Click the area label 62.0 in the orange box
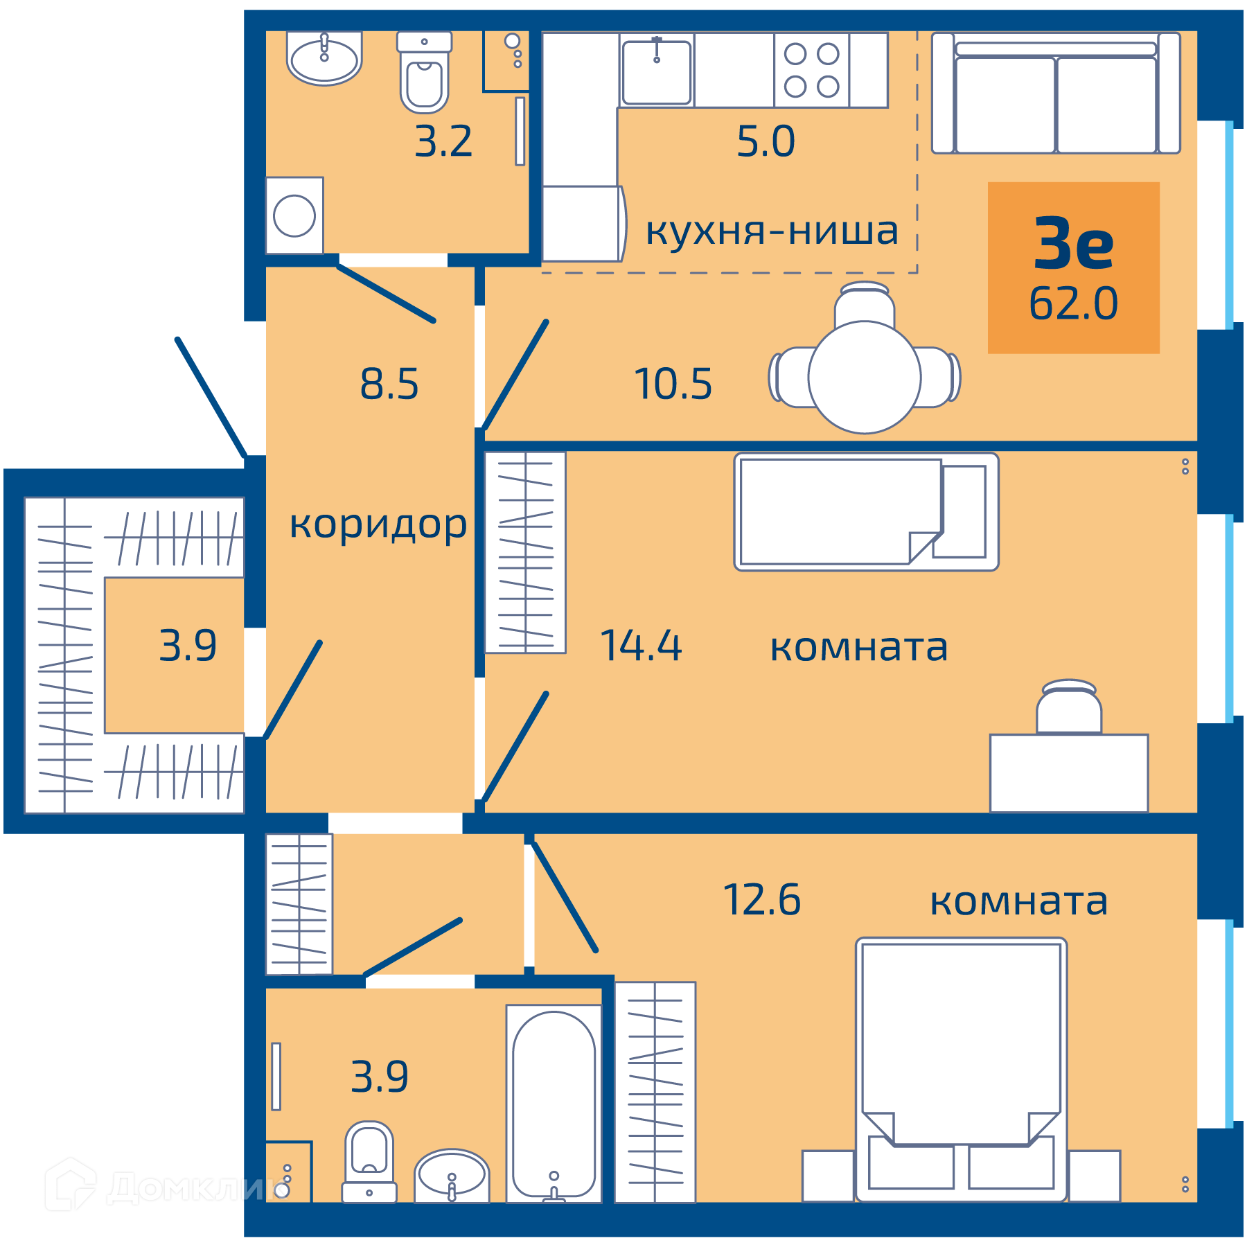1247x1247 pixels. click(1073, 303)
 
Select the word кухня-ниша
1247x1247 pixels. click(772, 231)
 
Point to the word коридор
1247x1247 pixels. click(378, 525)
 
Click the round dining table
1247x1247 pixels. click(865, 378)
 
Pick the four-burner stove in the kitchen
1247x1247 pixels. click(811, 70)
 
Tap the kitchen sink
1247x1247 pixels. click(657, 72)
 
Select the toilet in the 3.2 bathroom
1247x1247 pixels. click(424, 72)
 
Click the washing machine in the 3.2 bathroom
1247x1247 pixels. click(294, 215)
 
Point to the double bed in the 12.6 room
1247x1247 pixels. click(962, 1070)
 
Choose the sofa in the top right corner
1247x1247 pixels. click(1056, 93)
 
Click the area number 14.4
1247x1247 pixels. click(642, 646)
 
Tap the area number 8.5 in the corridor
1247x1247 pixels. click(389, 384)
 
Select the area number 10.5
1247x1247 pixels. click(673, 384)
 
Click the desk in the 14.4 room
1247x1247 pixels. click(1069, 773)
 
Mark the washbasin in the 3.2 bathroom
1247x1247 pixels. click(324, 58)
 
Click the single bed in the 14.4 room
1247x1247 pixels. click(866, 512)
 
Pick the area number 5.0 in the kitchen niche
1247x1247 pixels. click(766, 141)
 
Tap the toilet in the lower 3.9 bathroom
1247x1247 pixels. click(369, 1162)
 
